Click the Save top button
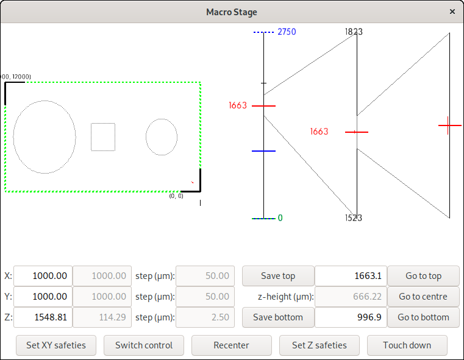278,276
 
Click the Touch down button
407,345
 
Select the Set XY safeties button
56,345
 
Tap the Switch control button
144,345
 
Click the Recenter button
231,345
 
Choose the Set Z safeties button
319,345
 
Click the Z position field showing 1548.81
43,317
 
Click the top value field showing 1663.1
351,276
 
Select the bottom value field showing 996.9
351,317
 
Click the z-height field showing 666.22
351,297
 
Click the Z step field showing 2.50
205,317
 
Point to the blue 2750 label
287,32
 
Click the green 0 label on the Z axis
280,218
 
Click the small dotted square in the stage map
103,137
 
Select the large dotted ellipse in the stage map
45,137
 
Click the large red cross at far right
449,125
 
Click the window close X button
452,12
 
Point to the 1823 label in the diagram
353,31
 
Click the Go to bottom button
423,317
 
